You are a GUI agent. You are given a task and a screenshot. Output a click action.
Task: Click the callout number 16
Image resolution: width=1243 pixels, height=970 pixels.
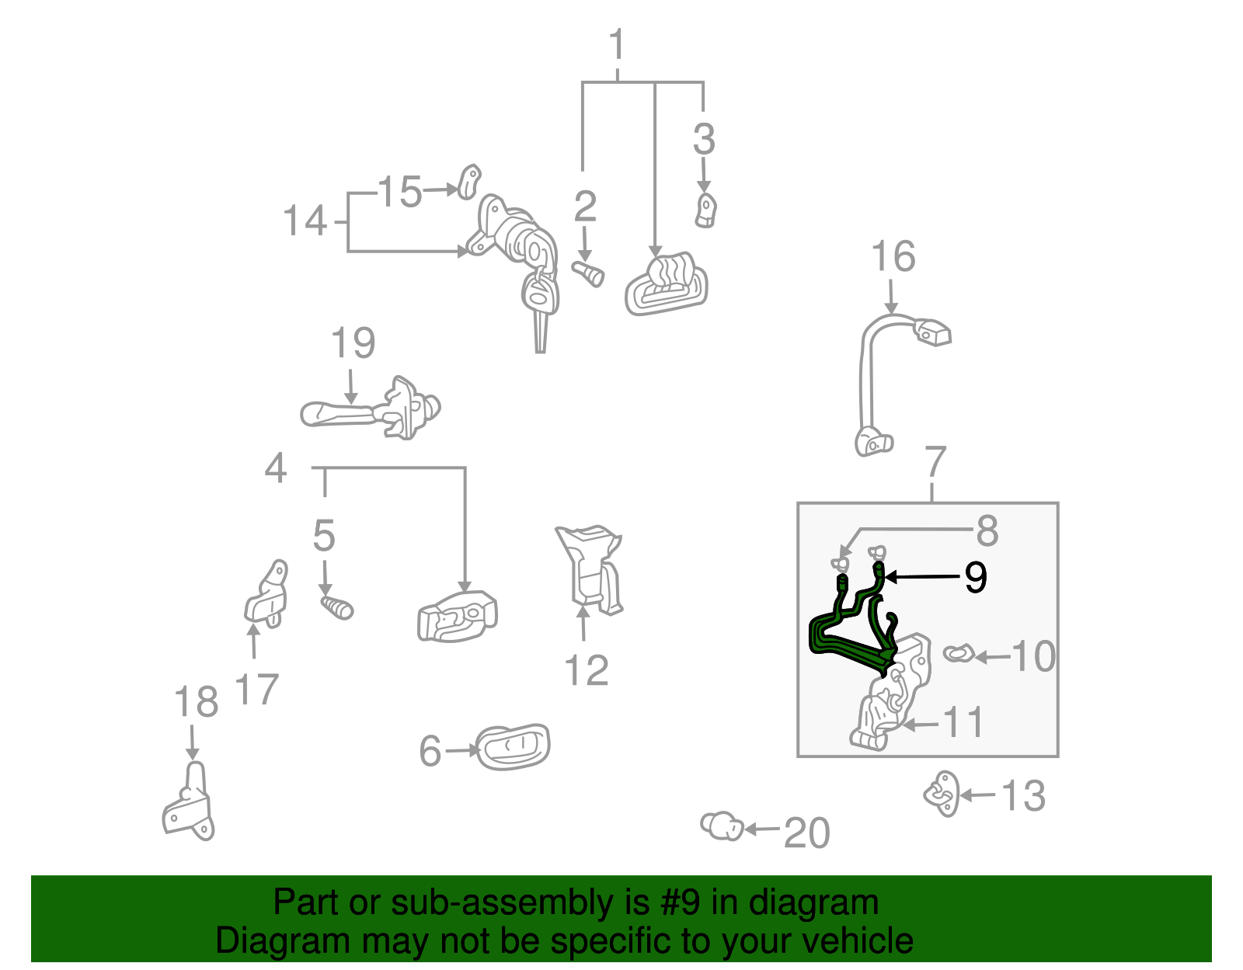click(x=893, y=256)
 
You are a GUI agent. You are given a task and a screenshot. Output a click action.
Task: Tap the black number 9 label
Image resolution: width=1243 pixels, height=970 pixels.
click(x=975, y=577)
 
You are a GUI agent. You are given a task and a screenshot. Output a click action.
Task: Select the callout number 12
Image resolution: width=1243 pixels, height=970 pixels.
click(x=587, y=670)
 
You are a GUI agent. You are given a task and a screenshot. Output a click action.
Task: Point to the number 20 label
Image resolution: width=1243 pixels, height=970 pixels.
click(x=806, y=833)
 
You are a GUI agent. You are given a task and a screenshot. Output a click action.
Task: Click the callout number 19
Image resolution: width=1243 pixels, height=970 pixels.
click(x=353, y=343)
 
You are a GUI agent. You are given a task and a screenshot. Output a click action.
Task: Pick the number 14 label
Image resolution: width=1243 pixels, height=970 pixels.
click(x=305, y=221)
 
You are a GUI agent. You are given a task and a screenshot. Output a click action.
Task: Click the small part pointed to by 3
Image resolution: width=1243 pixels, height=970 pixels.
click(x=706, y=211)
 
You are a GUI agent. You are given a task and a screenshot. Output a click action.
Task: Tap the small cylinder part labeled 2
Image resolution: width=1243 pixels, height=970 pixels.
click(x=588, y=274)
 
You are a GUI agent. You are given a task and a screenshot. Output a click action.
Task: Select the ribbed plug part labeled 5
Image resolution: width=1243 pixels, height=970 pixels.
click(x=336, y=607)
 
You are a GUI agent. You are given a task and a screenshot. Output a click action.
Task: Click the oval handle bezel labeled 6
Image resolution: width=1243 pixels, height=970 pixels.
click(x=513, y=746)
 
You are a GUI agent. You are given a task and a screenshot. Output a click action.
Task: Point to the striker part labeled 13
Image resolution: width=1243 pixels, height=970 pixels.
click(x=941, y=794)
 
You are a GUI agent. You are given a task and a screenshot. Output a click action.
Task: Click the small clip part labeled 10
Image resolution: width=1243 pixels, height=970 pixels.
click(x=958, y=653)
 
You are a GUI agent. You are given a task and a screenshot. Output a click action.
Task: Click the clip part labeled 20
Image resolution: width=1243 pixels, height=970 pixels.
click(x=722, y=826)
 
